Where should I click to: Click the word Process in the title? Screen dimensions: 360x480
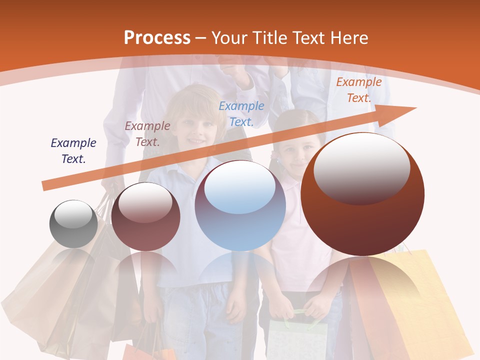[x=157, y=38]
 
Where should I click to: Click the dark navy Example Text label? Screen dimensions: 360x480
[x=73, y=151]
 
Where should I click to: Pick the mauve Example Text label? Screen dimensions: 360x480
[x=147, y=134]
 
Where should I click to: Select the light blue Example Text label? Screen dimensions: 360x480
[x=241, y=113]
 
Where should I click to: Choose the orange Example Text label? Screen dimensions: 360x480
[x=359, y=90]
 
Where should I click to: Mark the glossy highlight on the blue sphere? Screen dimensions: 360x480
[x=240, y=187]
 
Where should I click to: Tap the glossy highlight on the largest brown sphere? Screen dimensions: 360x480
[x=361, y=167]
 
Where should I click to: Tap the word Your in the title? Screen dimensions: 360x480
[x=228, y=38]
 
